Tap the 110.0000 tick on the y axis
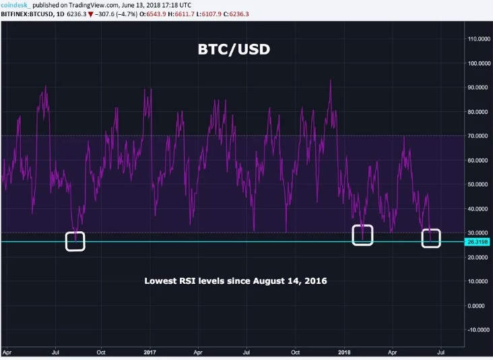point(479,39)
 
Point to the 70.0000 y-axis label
point(479,136)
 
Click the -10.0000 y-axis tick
point(478,330)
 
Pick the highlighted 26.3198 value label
point(478,242)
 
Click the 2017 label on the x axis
point(149,352)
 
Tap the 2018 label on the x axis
point(343,352)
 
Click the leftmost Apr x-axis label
point(7,352)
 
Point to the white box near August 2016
point(75,241)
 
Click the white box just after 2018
point(362,235)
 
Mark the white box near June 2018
point(431,238)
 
